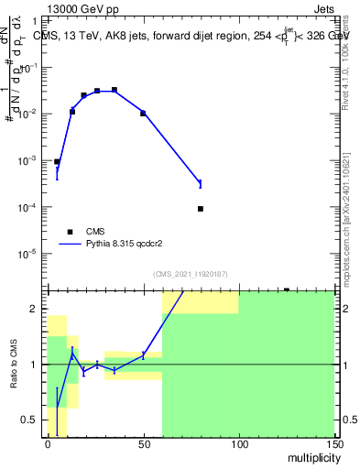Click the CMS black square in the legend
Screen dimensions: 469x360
coord(70,232)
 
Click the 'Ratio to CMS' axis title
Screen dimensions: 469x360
coord(16,365)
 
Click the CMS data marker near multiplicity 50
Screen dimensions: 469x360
coord(143,113)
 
